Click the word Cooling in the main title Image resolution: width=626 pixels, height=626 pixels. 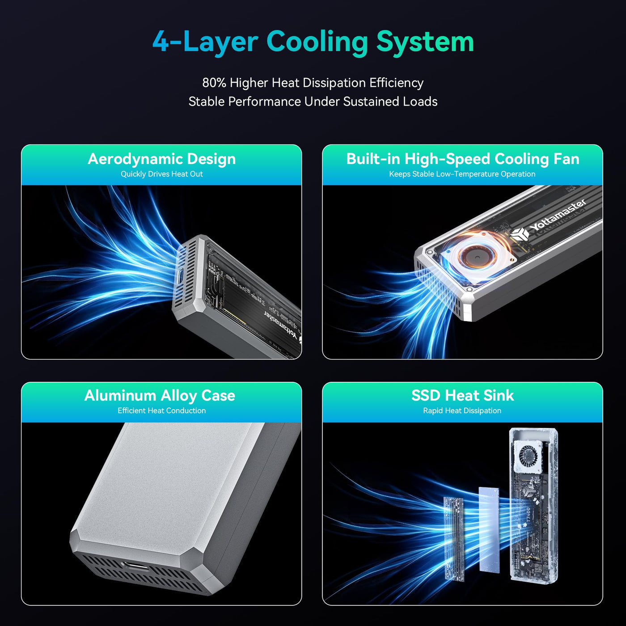[317, 42]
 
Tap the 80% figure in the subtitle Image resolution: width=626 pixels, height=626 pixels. [214, 83]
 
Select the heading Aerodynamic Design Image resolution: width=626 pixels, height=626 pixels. [162, 159]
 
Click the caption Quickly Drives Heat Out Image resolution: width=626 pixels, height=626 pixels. [162, 174]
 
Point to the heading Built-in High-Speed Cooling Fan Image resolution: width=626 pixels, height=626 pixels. [463, 159]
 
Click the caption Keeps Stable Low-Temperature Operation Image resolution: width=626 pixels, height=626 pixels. [462, 174]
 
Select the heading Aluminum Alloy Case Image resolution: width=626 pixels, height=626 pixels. [160, 396]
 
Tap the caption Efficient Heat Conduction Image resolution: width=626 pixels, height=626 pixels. [162, 410]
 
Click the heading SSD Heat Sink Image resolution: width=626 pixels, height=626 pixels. [463, 396]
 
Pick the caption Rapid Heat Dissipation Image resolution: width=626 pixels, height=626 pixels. [462, 410]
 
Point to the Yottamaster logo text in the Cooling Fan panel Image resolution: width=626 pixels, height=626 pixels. [558, 215]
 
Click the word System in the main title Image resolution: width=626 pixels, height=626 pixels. [425, 42]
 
